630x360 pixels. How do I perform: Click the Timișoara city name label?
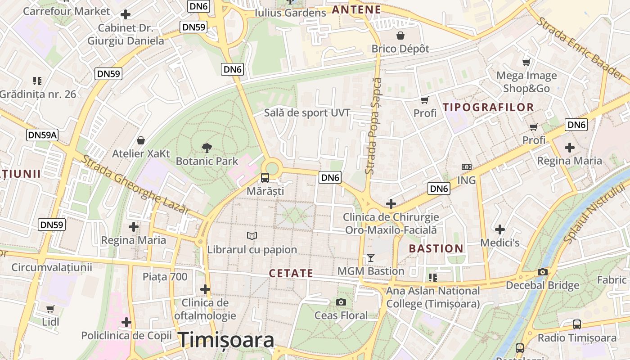coord(226,340)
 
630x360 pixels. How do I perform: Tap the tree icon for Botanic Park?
coord(207,147)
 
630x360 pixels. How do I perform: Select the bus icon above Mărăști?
coord(265,177)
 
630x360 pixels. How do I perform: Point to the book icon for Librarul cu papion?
coord(252,236)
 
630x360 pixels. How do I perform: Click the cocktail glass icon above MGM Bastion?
coord(371,257)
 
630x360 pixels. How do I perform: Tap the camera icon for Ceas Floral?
coord(341,302)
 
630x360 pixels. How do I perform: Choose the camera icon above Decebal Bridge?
coord(543,272)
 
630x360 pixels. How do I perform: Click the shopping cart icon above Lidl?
coord(50,309)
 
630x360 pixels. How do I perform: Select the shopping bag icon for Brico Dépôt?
coord(400,35)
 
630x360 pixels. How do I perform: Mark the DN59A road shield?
coord(43,135)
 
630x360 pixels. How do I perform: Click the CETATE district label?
coord(291,273)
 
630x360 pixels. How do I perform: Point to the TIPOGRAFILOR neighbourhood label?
coord(488,108)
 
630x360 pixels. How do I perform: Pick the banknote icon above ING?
coord(467,166)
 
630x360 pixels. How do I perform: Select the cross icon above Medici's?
coord(500,229)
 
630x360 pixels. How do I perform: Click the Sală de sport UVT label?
coord(307,113)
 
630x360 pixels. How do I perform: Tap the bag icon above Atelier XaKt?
coord(141,140)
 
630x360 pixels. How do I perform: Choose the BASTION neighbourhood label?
coord(436,248)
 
